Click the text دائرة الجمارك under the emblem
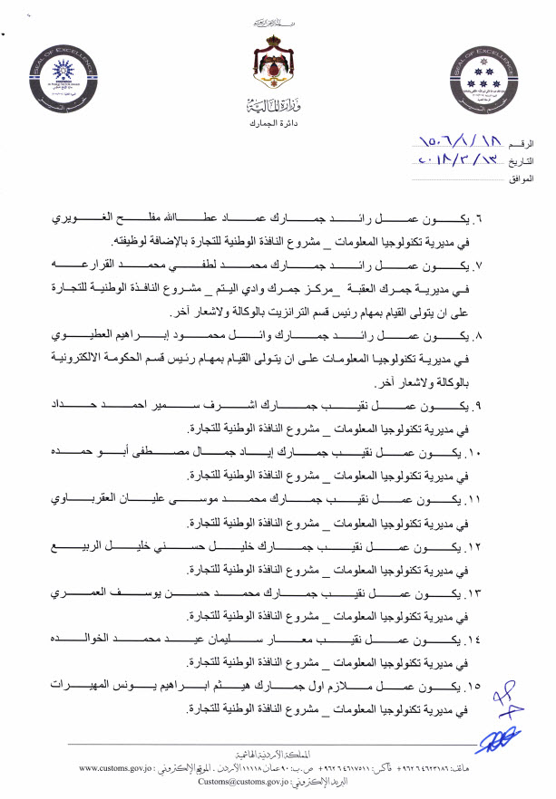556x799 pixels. [x=278, y=120]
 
